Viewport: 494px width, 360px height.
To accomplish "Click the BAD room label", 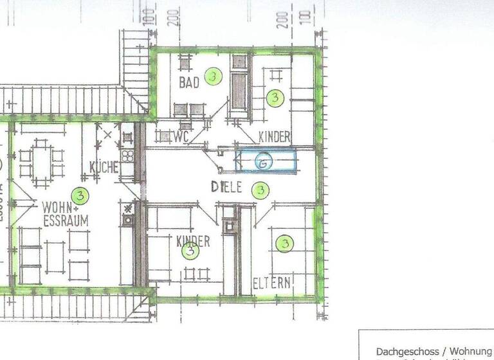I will pyautogui.click(x=189, y=83).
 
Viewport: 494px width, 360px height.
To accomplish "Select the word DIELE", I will pyautogui.click(x=226, y=188).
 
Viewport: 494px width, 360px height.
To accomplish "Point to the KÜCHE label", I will pyautogui.click(x=104, y=168).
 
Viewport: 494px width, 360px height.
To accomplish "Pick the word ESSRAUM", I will pyautogui.click(x=66, y=221).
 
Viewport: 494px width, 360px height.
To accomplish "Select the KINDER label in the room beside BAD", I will pyautogui.click(x=275, y=137).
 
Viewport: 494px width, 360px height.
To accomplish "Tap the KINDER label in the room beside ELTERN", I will pyautogui.click(x=193, y=241).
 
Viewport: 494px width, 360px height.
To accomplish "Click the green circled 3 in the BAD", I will pyautogui.click(x=214, y=77).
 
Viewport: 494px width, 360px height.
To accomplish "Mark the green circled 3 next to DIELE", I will pyautogui.click(x=261, y=190).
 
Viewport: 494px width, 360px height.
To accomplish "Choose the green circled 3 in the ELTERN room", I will pyautogui.click(x=284, y=244).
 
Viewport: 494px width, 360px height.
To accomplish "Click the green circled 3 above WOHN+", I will pyautogui.click(x=79, y=194).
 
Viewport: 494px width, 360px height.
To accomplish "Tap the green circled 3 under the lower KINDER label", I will pyautogui.click(x=190, y=252).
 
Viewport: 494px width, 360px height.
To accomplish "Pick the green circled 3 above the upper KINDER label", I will pyautogui.click(x=275, y=98).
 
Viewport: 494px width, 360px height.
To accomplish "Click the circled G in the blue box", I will pyautogui.click(x=263, y=163).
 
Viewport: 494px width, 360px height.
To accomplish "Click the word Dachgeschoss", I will pyautogui.click(x=407, y=352).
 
